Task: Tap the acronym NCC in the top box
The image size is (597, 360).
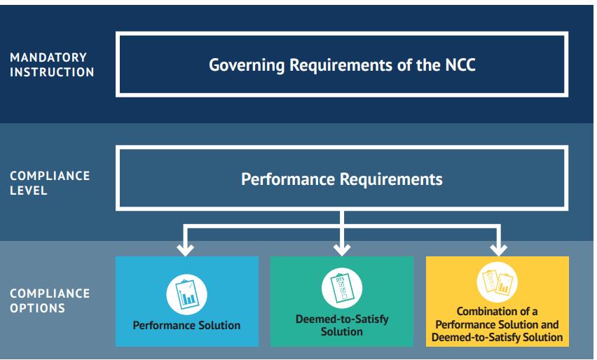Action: pos(459,65)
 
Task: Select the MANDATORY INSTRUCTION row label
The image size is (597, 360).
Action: pos(52,64)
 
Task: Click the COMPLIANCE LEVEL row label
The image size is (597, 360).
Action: pos(50,183)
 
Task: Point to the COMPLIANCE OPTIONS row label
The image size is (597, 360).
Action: pos(50,300)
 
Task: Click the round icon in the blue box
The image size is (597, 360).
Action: pos(186,292)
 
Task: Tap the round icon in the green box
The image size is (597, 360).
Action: pos(342,287)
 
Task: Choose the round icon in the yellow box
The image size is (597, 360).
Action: pos(497,283)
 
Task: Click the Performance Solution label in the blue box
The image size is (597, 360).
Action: pos(186,325)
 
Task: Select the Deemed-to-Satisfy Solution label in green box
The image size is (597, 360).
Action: pos(342,325)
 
